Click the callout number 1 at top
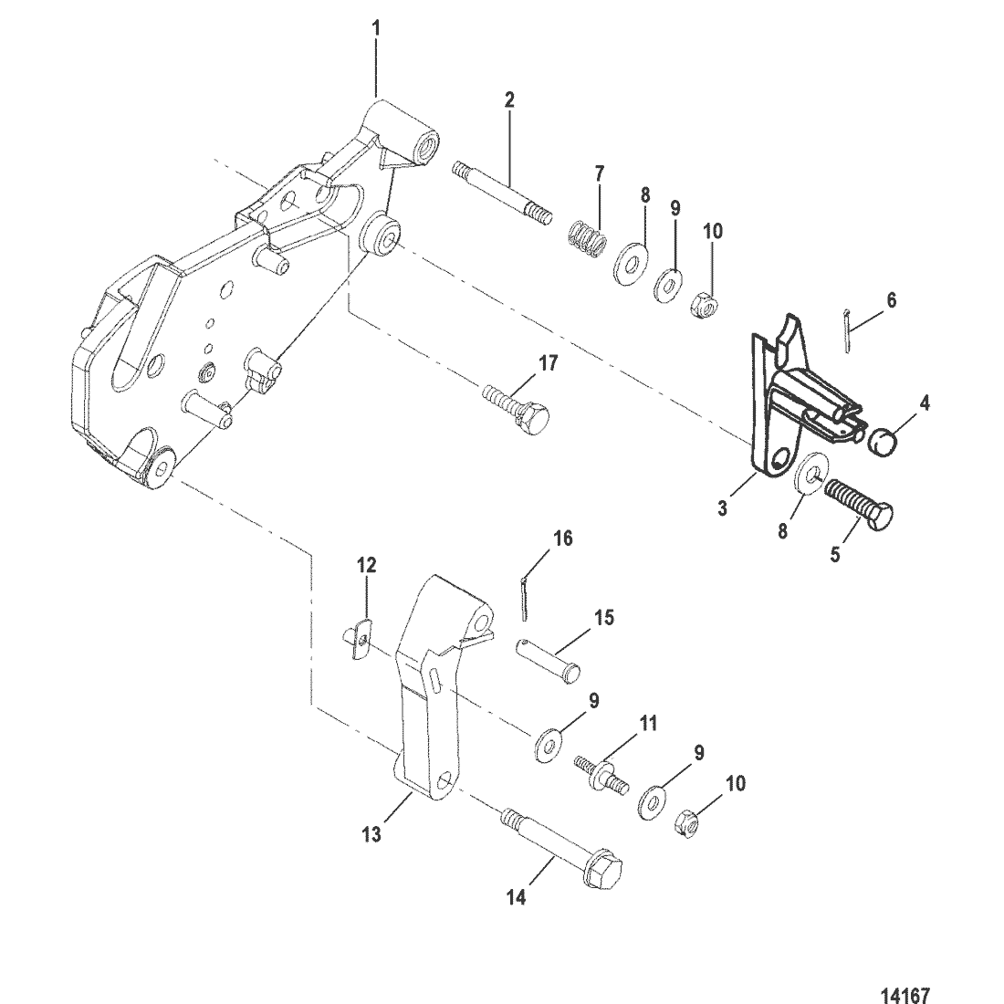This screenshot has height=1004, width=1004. click(x=376, y=28)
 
